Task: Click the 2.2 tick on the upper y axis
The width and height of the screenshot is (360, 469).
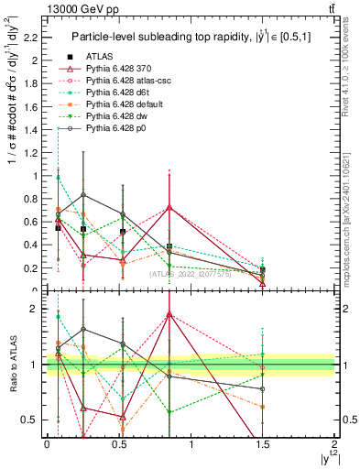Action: click(x=34, y=38)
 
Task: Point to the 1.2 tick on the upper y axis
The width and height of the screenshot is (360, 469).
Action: click(x=34, y=152)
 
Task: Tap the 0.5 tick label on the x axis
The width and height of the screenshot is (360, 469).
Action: click(x=118, y=443)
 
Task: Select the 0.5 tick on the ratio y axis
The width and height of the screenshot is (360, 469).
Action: click(x=33, y=420)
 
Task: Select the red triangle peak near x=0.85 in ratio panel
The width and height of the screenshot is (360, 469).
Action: click(x=169, y=314)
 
